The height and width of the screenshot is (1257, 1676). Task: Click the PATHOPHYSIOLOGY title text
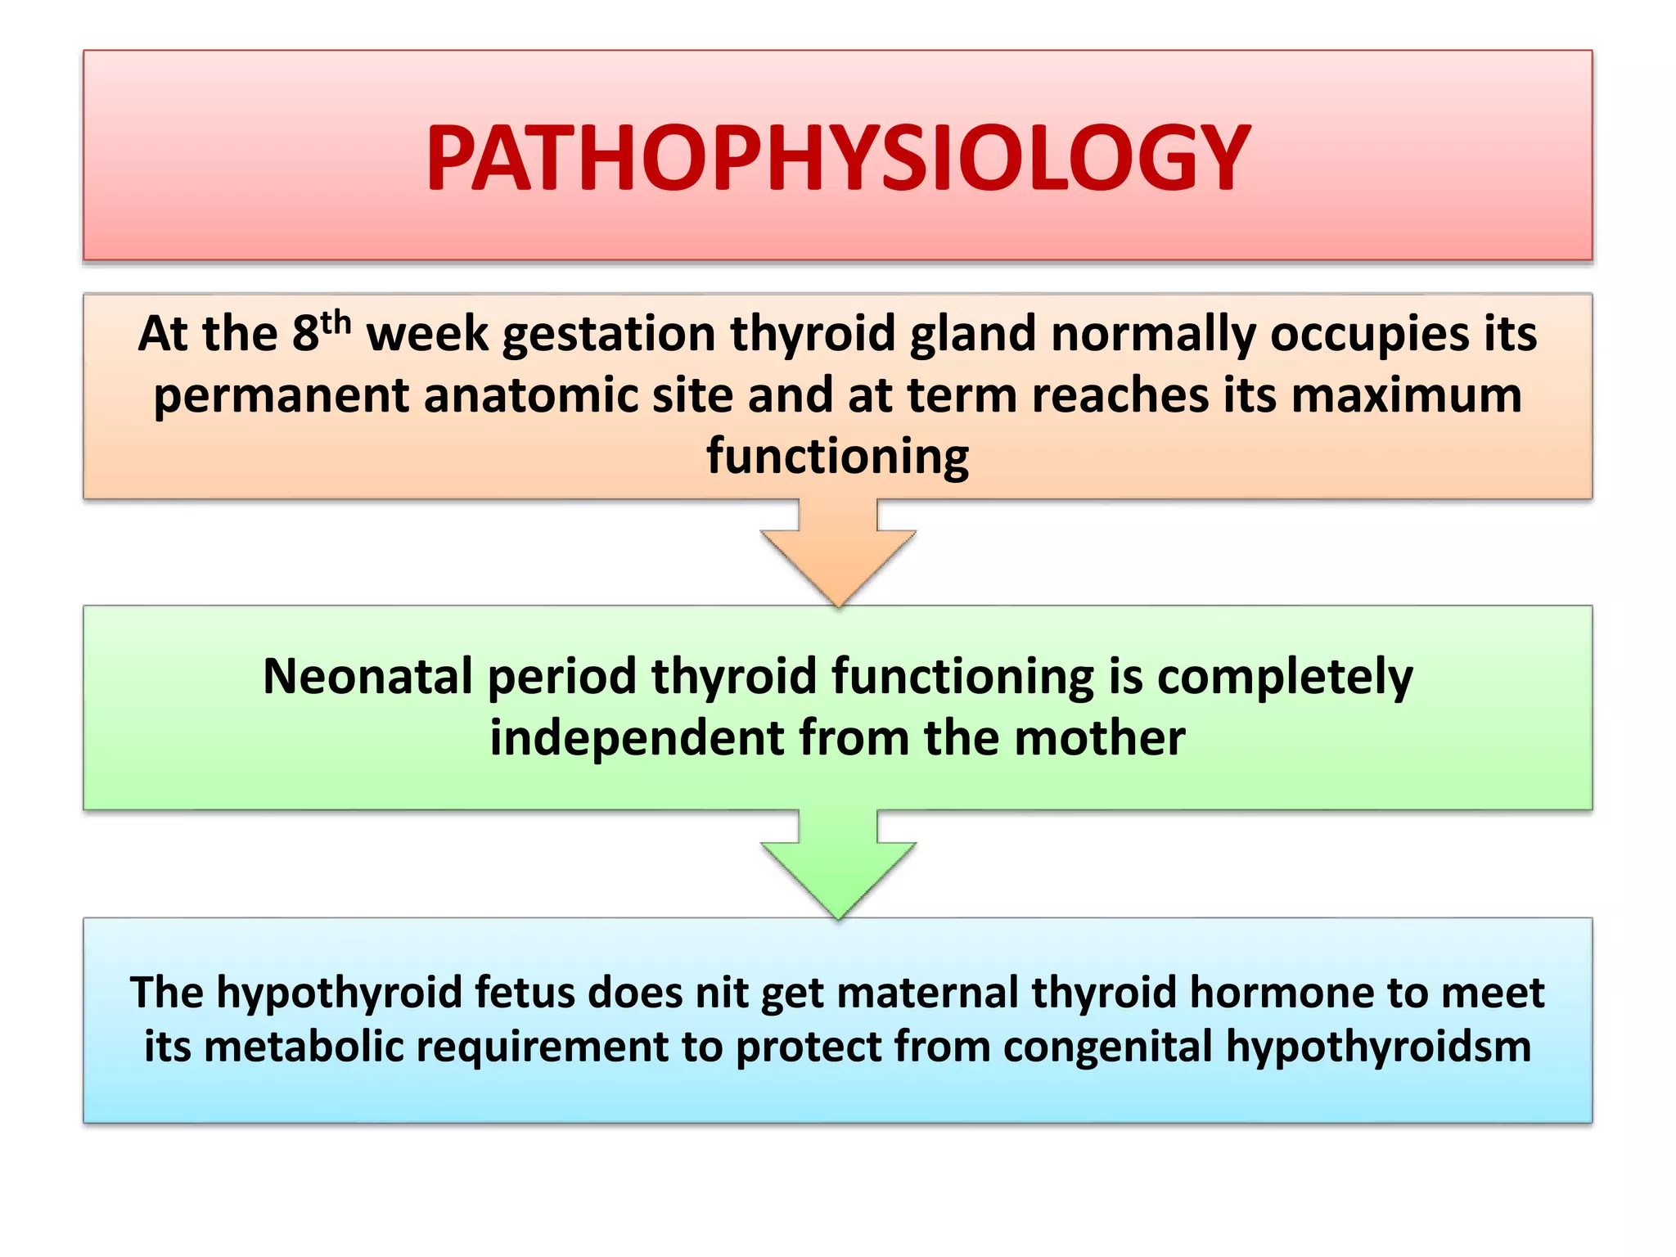pos(837,158)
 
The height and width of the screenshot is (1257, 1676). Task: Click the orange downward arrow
pos(837,552)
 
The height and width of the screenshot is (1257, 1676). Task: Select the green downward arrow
pos(837,864)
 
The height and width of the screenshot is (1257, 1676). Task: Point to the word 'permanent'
pos(281,397)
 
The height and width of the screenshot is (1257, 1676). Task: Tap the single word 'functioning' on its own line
pos(837,457)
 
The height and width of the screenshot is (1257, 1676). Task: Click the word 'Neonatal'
pos(367,677)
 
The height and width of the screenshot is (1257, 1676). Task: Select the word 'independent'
pos(637,738)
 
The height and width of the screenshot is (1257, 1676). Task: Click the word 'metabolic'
pos(304,1047)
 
